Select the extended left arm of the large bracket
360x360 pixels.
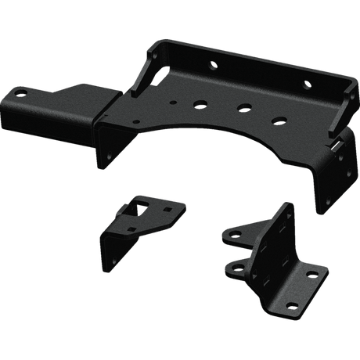59,103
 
